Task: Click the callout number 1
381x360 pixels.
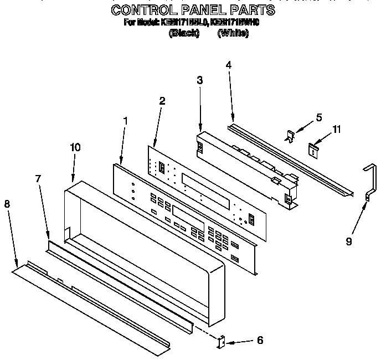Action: pos(125,120)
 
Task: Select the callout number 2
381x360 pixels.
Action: pos(162,101)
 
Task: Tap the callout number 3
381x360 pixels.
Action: pos(199,80)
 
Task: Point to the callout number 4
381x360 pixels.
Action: pos(229,65)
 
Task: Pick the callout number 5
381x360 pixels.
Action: pos(318,117)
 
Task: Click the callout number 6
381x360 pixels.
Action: pos(260,341)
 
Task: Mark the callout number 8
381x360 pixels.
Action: pos(7,204)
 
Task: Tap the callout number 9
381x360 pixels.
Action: pos(349,241)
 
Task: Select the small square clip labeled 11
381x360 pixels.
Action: pos(314,149)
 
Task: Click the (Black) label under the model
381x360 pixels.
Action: pos(183,33)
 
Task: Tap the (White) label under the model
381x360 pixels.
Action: pos(233,33)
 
